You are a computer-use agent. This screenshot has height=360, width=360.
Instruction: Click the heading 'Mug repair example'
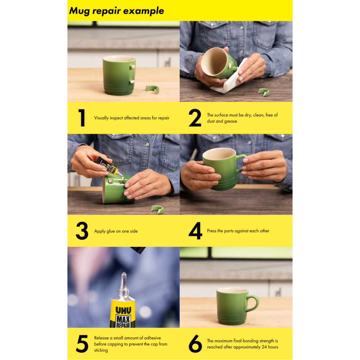point(116,11)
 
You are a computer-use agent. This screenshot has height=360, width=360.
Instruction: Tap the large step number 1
point(82,118)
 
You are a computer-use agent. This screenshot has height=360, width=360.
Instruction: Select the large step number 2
point(195,118)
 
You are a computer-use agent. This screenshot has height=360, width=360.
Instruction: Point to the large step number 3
point(82,231)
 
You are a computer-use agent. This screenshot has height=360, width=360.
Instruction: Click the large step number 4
point(195,231)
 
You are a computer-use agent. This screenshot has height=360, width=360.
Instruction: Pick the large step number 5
point(82,344)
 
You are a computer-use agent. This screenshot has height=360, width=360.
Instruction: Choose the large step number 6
point(195,344)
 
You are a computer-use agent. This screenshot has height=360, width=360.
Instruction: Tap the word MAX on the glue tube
point(123,319)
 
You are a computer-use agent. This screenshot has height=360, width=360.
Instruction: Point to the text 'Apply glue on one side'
point(116,231)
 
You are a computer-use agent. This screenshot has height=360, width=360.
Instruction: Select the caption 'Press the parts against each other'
point(238,231)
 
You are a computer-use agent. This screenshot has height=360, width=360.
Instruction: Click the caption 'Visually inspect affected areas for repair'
point(131,118)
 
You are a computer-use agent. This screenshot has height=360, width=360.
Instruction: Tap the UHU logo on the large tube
point(123,310)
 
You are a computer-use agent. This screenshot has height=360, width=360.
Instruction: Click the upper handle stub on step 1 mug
point(133,67)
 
